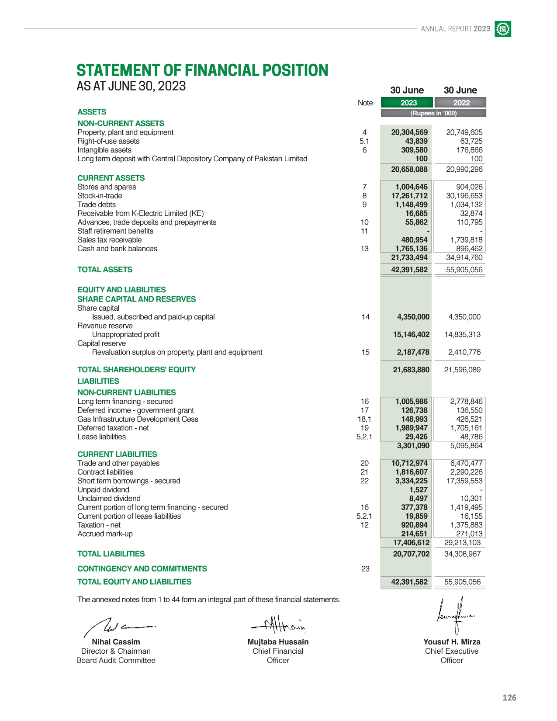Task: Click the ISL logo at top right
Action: (503, 29)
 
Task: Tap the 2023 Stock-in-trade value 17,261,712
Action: (409, 196)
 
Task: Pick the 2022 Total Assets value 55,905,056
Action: (464, 270)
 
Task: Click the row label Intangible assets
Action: (104, 150)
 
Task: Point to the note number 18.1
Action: (364, 419)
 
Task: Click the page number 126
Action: (509, 697)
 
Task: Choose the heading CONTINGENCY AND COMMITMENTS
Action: (142, 568)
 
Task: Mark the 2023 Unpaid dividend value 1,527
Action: (418, 490)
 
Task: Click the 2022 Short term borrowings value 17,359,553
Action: (464, 481)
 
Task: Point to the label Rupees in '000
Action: (433, 113)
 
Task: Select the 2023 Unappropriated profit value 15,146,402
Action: (411, 334)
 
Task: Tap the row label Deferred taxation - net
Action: (113, 428)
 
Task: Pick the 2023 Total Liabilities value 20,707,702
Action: (411, 554)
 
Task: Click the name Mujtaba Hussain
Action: (278, 641)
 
